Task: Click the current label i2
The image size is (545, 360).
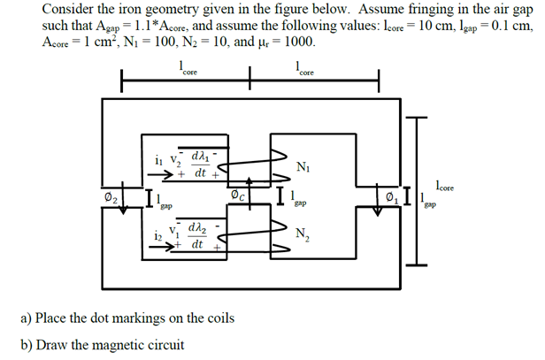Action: coord(157,235)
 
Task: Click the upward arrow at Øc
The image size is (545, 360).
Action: coord(250,194)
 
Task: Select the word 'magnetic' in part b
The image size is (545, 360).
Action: coord(119,344)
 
